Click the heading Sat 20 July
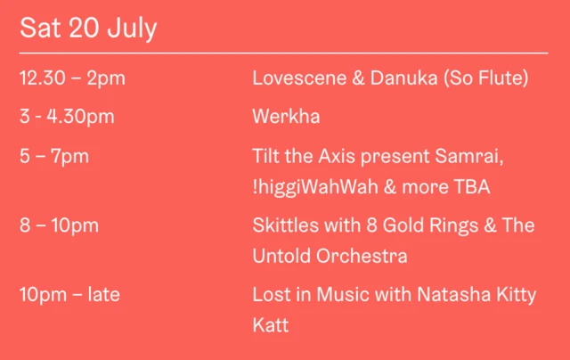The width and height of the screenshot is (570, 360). click(x=88, y=29)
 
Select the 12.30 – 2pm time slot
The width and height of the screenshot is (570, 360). click(x=72, y=78)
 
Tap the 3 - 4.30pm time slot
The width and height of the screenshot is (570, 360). click(x=67, y=117)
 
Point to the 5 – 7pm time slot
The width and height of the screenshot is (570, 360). click(x=54, y=156)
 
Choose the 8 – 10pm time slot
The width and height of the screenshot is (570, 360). click(x=59, y=225)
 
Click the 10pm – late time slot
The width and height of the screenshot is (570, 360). click(x=69, y=294)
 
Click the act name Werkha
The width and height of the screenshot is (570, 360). click(x=286, y=117)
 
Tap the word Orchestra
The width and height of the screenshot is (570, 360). click(x=363, y=256)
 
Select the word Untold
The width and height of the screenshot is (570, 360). click(x=282, y=256)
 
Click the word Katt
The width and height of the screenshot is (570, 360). click(x=271, y=325)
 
